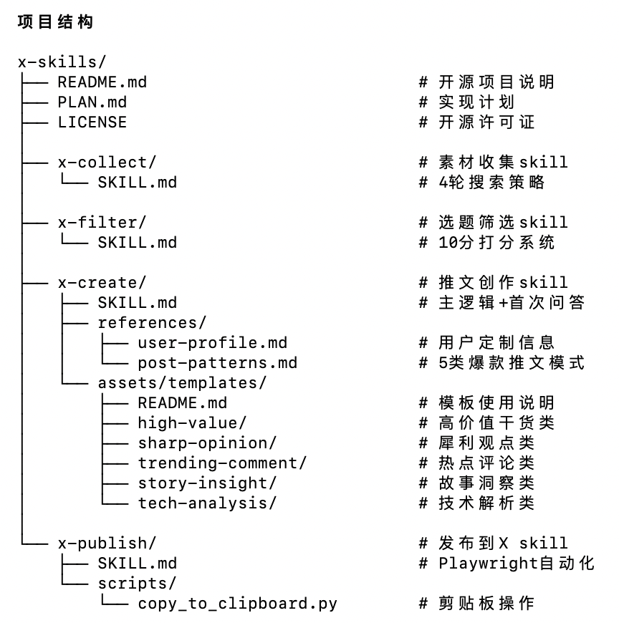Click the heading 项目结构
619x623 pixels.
55,22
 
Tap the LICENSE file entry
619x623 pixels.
92,122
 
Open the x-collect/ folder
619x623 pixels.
107,163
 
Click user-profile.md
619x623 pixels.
212,343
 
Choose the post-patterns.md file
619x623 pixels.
217,363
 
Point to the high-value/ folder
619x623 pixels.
192,423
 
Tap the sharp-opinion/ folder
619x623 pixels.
207,443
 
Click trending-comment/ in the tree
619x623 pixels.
222,463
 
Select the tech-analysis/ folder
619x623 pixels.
207,503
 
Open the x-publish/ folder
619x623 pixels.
107,544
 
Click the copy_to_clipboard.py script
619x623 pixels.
237,604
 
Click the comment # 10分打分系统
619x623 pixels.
486,243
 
